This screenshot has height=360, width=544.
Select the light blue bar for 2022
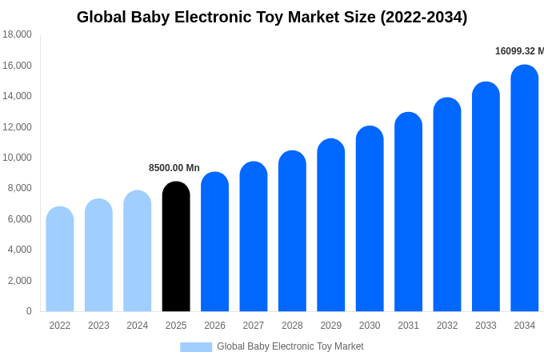click(x=60, y=259)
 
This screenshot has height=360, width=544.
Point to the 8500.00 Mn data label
click(x=174, y=168)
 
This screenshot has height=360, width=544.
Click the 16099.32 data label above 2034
click(x=518, y=51)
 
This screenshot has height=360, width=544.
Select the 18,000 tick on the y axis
click(x=18, y=34)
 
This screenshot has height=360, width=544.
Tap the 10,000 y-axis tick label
click(x=18, y=158)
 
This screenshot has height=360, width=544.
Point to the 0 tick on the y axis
click(x=29, y=311)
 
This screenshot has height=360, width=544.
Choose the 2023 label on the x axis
click(x=98, y=326)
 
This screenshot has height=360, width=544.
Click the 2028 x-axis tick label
click(x=292, y=326)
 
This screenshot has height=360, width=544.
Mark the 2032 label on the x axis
click(x=447, y=326)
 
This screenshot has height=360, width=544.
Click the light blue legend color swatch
click(x=196, y=347)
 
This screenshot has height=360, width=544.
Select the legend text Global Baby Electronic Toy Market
click(x=290, y=346)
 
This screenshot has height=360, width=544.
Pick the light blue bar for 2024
click(x=138, y=251)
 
